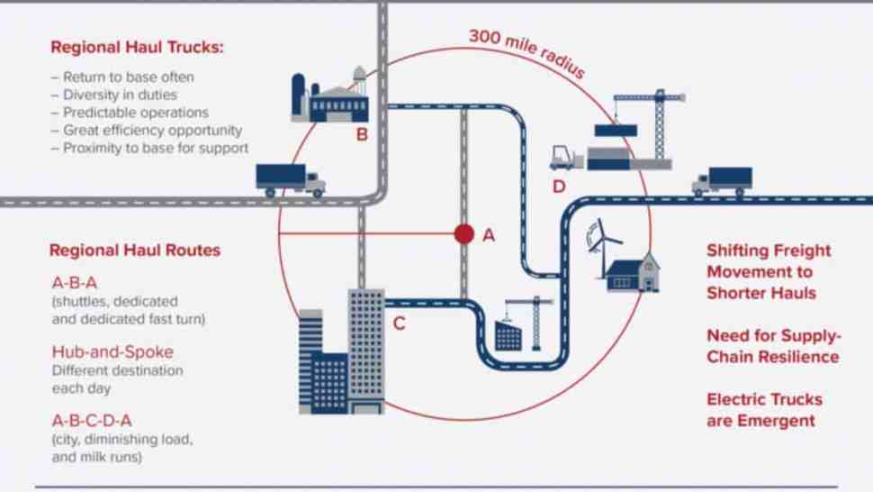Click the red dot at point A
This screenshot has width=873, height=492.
tap(463, 234)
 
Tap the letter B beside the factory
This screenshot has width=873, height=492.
tap(362, 134)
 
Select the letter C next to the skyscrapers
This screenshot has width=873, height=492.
tap(399, 323)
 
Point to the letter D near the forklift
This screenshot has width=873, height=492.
tap(559, 187)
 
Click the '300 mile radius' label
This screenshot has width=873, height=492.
tap(526, 52)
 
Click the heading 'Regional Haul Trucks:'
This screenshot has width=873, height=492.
tap(137, 48)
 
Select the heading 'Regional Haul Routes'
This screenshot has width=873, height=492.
tap(135, 251)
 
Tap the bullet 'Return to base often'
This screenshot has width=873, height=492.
tap(122, 77)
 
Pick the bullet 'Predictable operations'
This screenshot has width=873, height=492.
tap(130, 113)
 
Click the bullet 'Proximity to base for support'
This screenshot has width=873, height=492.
tap(149, 148)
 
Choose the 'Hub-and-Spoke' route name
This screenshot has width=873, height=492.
tap(112, 351)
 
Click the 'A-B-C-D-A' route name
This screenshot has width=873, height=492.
tap(92, 420)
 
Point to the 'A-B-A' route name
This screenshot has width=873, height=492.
tap(75, 283)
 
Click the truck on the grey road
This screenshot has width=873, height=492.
tap(290, 180)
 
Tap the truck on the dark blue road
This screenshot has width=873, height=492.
tap(722, 181)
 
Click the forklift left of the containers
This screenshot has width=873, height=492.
tap(566, 158)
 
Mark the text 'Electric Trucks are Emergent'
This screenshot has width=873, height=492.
tap(764, 410)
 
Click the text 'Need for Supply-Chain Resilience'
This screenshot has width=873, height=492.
tap(774, 346)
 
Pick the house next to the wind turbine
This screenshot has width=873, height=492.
tap(633, 273)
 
